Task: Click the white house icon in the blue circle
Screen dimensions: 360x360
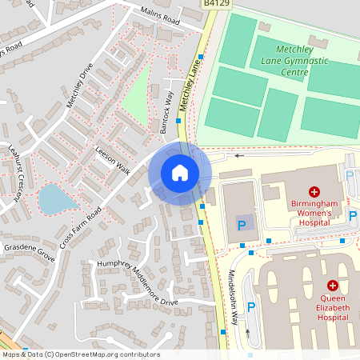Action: click(179, 172)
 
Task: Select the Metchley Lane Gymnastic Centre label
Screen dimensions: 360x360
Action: click(279, 62)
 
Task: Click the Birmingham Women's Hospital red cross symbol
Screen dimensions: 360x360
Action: click(314, 192)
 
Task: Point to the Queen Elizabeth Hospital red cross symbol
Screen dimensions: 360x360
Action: click(332, 286)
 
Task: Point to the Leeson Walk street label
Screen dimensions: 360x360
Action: click(112, 159)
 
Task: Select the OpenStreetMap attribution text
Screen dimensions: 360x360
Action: click(80, 354)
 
